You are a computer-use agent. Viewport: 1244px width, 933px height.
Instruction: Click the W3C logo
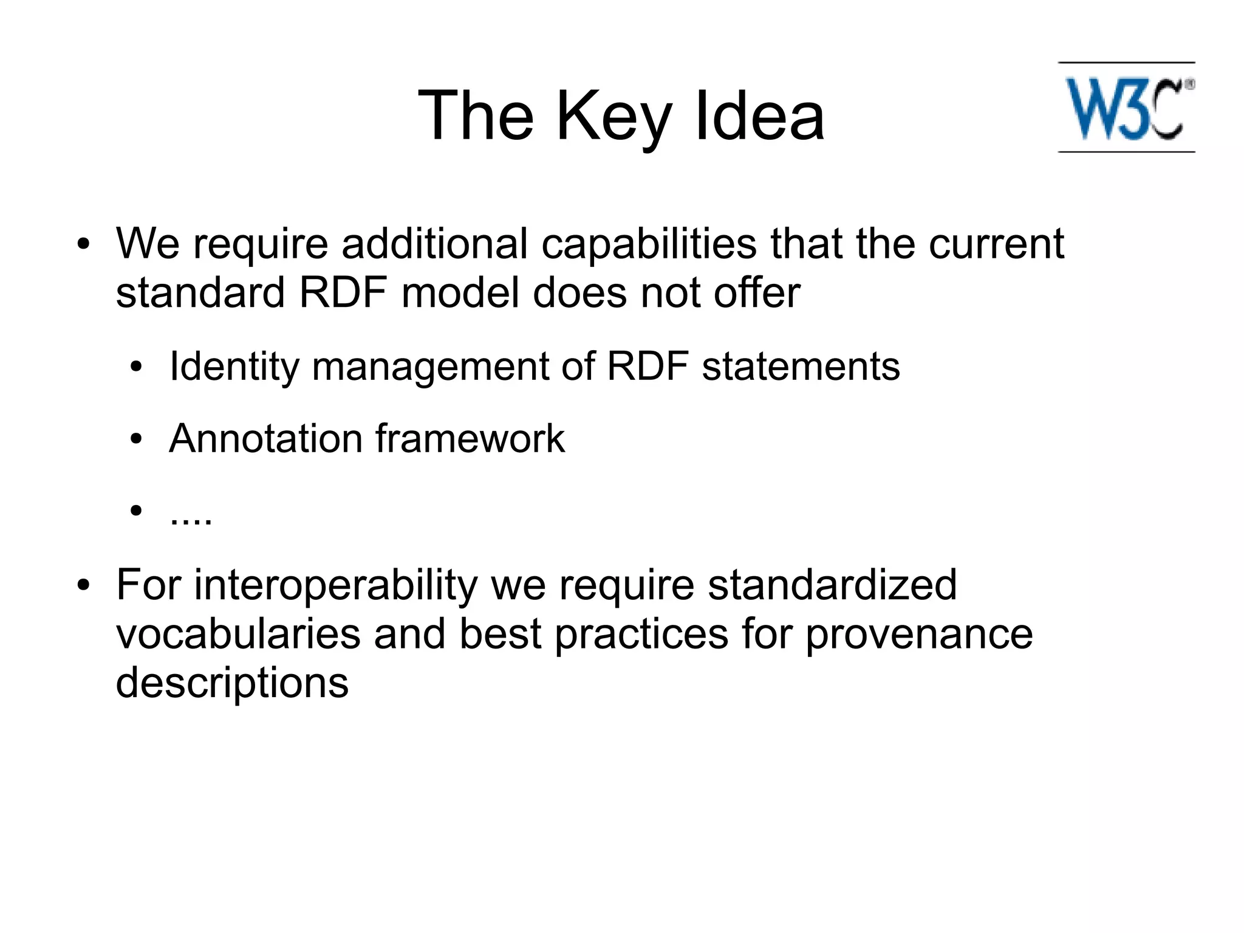(x=1126, y=108)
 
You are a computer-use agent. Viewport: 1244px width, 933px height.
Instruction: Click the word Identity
(x=234, y=367)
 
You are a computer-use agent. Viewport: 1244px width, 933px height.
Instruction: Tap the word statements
(x=801, y=367)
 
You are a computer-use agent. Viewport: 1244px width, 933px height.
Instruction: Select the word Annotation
(x=265, y=438)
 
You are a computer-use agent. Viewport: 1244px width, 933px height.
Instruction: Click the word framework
(x=470, y=438)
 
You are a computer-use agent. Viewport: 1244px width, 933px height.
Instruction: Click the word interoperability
(x=335, y=586)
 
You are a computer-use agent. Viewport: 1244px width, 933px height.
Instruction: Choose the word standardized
(x=832, y=585)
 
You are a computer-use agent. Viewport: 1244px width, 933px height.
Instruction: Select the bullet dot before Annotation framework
(x=136, y=439)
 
